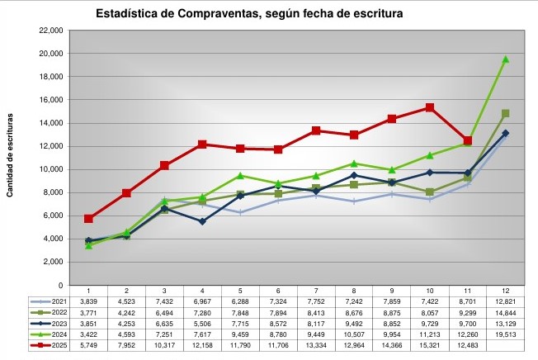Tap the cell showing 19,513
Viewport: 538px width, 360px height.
coord(505,335)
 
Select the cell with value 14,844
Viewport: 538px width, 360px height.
coord(505,314)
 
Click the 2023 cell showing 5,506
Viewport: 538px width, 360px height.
coord(202,324)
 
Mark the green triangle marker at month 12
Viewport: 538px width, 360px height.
coord(505,59)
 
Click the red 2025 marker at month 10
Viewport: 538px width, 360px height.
coord(429,107)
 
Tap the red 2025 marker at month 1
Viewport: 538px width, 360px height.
coord(88,219)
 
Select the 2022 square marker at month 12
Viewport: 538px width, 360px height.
coord(505,113)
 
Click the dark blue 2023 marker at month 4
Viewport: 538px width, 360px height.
coord(202,221)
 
